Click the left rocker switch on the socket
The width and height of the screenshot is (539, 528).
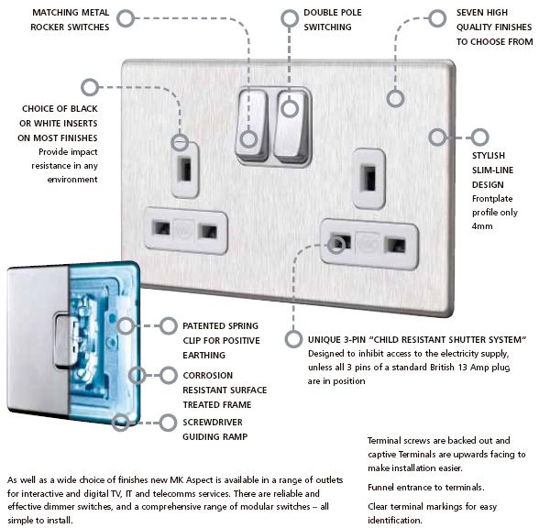pyautogui.click(x=251, y=125)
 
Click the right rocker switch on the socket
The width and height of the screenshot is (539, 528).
pyautogui.click(x=291, y=126)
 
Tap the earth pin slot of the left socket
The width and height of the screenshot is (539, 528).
pyautogui.click(x=185, y=169)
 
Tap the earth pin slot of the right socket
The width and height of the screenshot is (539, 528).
pyautogui.click(x=369, y=178)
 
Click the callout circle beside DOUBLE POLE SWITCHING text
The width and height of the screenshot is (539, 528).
pyautogui.click(x=290, y=18)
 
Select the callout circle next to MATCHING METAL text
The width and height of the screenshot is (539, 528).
pyautogui.click(x=126, y=18)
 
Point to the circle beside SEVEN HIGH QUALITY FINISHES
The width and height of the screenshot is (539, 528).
pyautogui.click(x=437, y=18)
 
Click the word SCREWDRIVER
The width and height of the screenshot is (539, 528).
pyautogui.click(x=213, y=422)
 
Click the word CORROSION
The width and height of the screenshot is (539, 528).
pyautogui.click(x=207, y=376)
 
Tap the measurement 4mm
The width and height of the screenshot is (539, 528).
pyautogui.click(x=482, y=226)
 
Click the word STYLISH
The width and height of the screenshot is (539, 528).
pyautogui.click(x=489, y=156)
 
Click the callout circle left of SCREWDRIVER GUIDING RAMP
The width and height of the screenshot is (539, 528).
pyautogui.click(x=168, y=423)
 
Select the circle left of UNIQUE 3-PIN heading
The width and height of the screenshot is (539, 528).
pyautogui.click(x=293, y=339)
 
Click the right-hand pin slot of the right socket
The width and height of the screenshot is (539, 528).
pyautogui.click(x=395, y=246)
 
